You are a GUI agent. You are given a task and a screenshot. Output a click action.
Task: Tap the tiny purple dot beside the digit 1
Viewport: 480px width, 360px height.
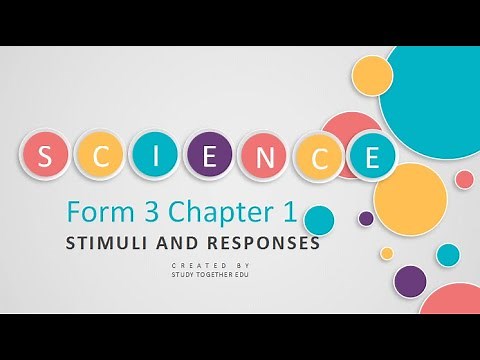[366, 218]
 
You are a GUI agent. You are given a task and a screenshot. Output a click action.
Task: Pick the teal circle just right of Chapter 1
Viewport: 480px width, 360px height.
[319, 220]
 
